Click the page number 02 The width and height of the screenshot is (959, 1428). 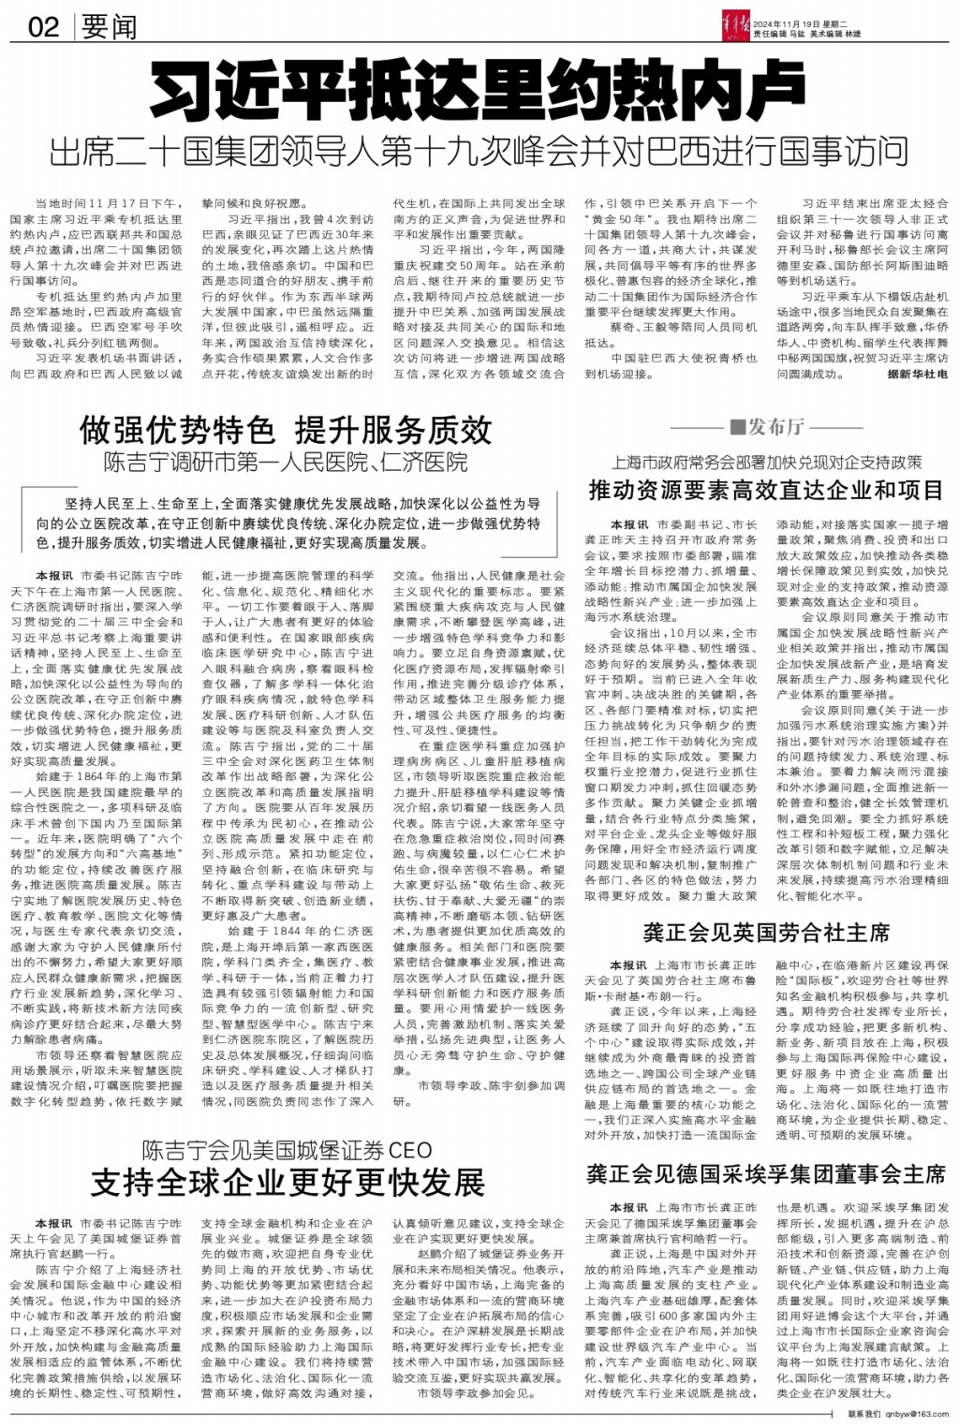tap(43, 26)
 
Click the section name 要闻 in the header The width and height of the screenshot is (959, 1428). tap(109, 26)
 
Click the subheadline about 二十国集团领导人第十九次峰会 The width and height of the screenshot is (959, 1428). tap(479, 150)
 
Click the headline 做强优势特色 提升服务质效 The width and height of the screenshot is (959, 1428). tap(286, 430)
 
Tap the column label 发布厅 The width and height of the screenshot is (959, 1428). tap(776, 427)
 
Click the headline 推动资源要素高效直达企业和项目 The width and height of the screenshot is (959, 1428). tap(766, 490)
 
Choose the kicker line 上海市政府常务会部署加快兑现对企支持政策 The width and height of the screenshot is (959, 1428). tap(766, 462)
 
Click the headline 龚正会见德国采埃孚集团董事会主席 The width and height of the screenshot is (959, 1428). tap(766, 1174)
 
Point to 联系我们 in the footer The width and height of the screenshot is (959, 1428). tap(864, 1414)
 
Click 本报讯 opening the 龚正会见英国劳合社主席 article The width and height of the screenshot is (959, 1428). tap(628, 965)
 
